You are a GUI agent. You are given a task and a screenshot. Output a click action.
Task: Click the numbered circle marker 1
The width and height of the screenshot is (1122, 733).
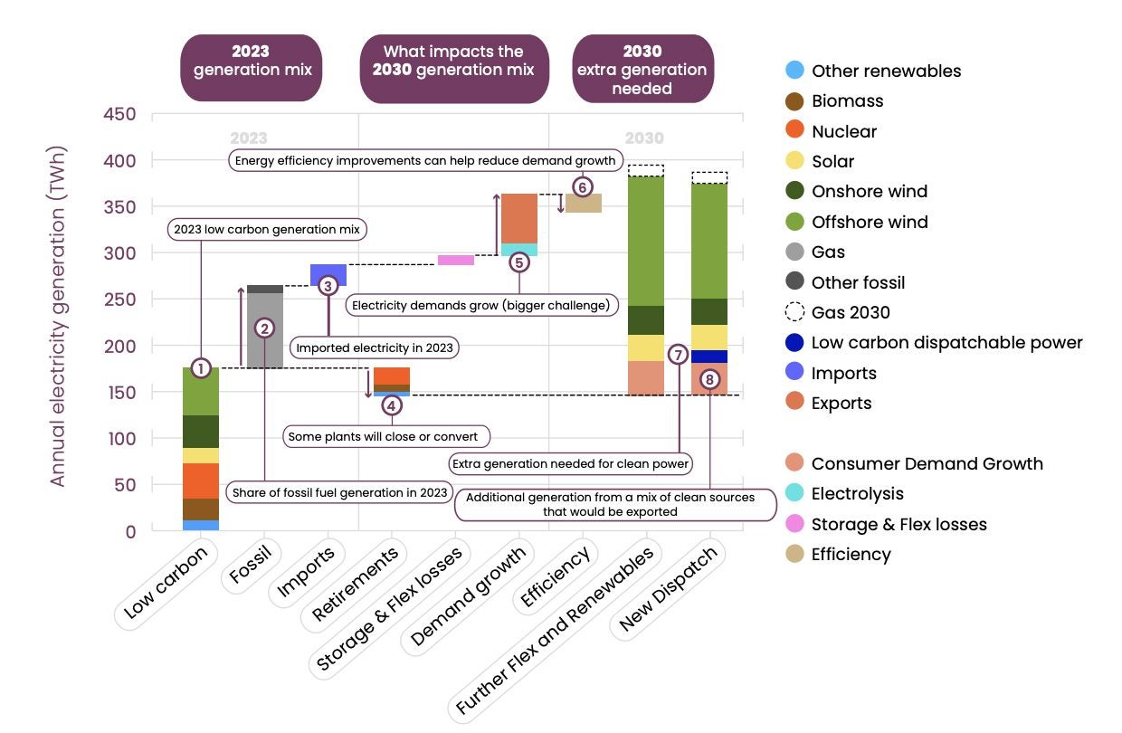[x=201, y=368]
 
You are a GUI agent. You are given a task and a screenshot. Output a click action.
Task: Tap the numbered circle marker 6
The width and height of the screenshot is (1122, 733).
[x=582, y=187]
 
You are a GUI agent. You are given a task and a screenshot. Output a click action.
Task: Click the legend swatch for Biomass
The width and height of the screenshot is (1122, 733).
[x=794, y=101]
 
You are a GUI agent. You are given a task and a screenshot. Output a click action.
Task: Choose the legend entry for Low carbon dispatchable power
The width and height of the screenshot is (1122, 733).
[x=946, y=343]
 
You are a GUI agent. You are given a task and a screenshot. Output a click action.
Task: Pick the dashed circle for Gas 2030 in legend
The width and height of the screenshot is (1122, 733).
[x=794, y=312]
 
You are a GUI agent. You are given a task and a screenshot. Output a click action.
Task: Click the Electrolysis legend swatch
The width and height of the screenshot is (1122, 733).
[x=794, y=494]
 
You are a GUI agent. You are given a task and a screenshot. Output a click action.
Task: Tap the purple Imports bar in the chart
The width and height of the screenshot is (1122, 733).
[x=328, y=271]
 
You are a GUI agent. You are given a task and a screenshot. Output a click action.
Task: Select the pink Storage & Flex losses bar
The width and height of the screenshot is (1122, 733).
[x=456, y=260]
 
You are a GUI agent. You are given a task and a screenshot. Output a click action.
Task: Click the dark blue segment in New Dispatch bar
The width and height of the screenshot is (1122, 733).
[x=709, y=357]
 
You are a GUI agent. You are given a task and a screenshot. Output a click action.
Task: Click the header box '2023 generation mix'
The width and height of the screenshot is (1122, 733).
[x=251, y=69]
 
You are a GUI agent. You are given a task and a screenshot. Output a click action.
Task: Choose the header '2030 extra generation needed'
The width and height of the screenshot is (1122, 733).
[x=642, y=69]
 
